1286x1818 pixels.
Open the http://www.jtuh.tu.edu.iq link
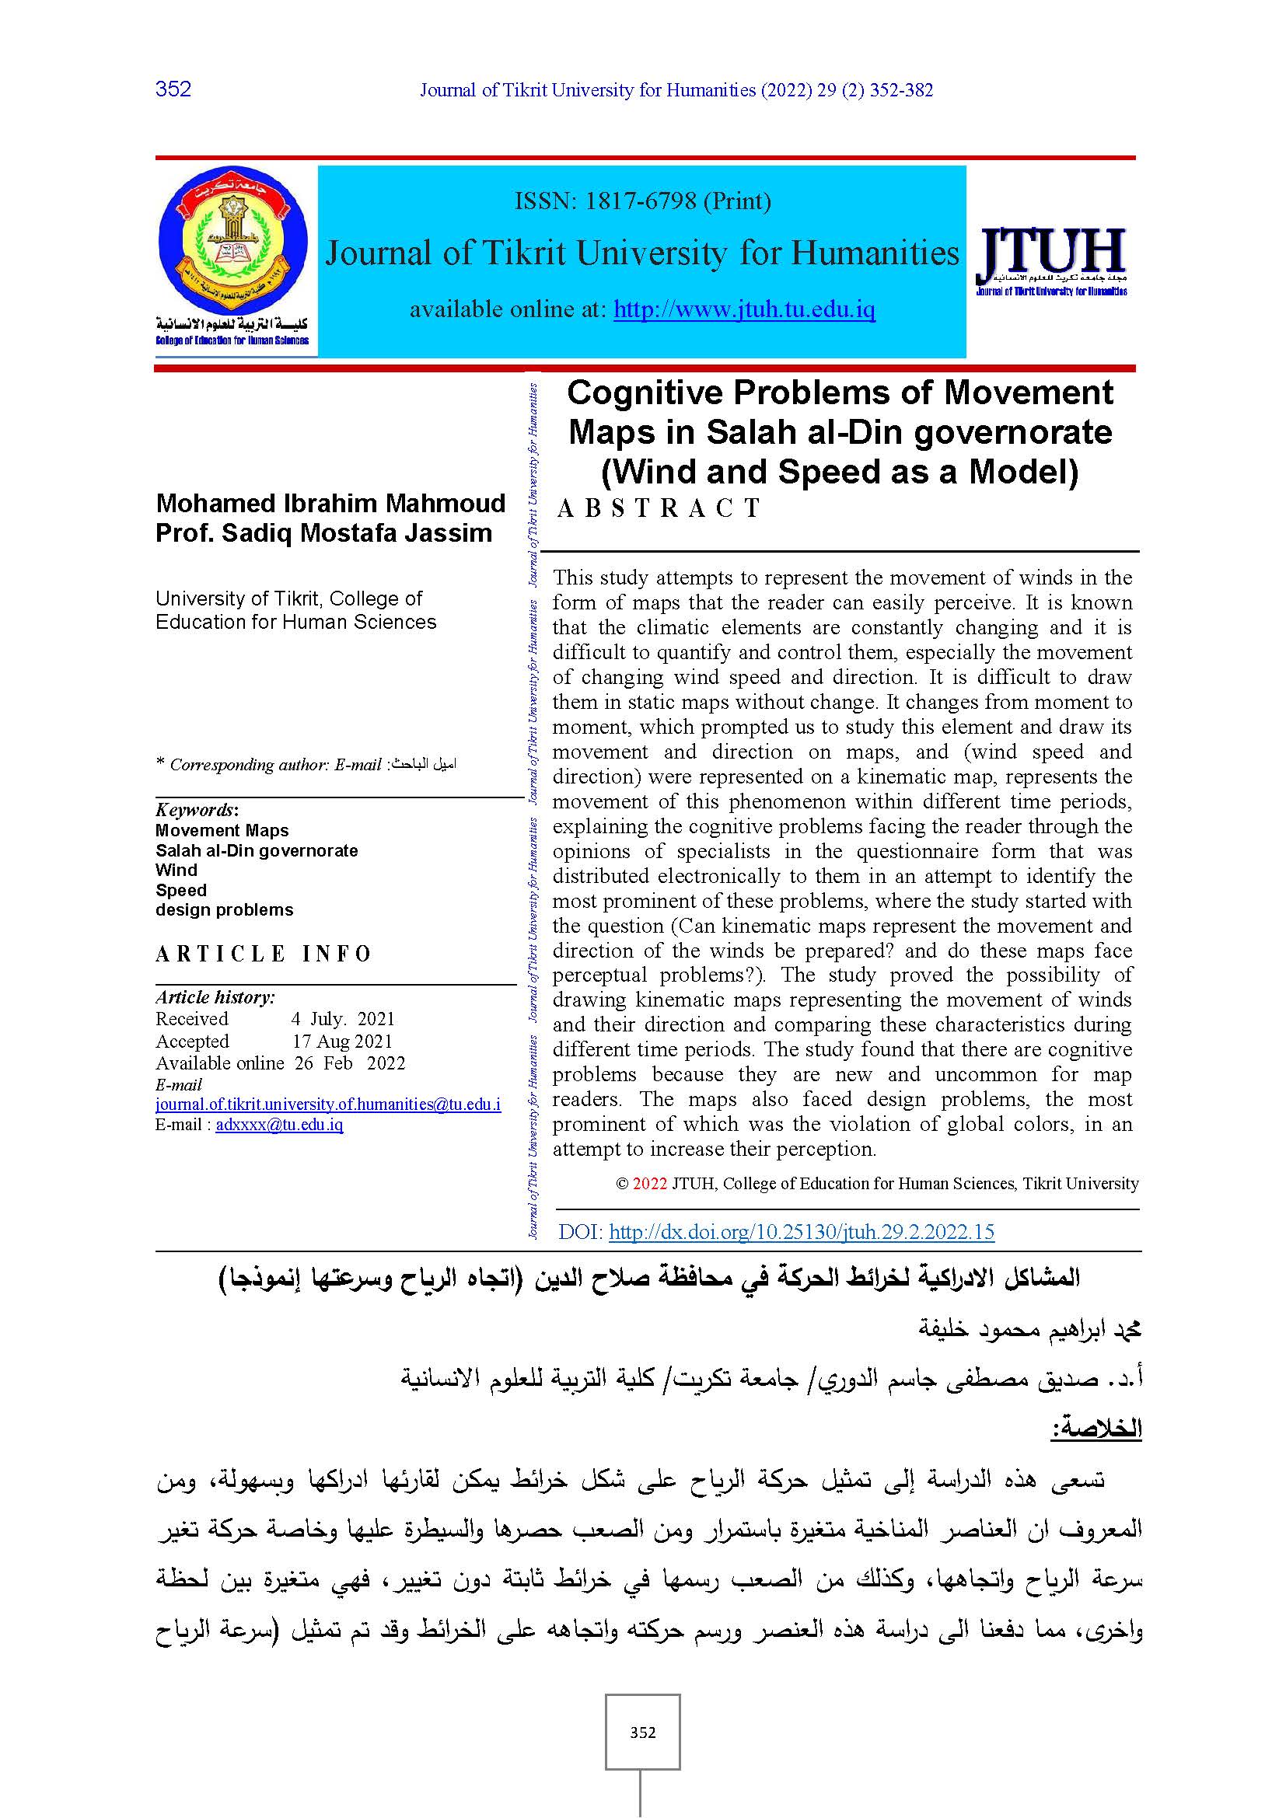[744, 309]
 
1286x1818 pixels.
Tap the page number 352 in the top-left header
[173, 89]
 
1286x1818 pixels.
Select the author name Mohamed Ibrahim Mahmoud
[330, 504]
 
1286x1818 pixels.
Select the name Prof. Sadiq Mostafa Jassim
[323, 533]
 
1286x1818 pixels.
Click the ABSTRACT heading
[659, 508]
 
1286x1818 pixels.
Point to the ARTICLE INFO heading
[263, 954]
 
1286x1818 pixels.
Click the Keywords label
[196, 810]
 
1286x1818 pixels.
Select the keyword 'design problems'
[224, 910]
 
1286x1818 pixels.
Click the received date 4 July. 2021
[342, 1019]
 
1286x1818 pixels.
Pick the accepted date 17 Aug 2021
[342, 1042]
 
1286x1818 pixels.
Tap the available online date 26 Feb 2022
[349, 1063]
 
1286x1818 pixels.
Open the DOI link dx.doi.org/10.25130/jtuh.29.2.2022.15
[802, 1232]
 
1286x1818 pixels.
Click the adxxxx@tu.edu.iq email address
[279, 1125]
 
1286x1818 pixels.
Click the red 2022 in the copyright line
[649, 1184]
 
